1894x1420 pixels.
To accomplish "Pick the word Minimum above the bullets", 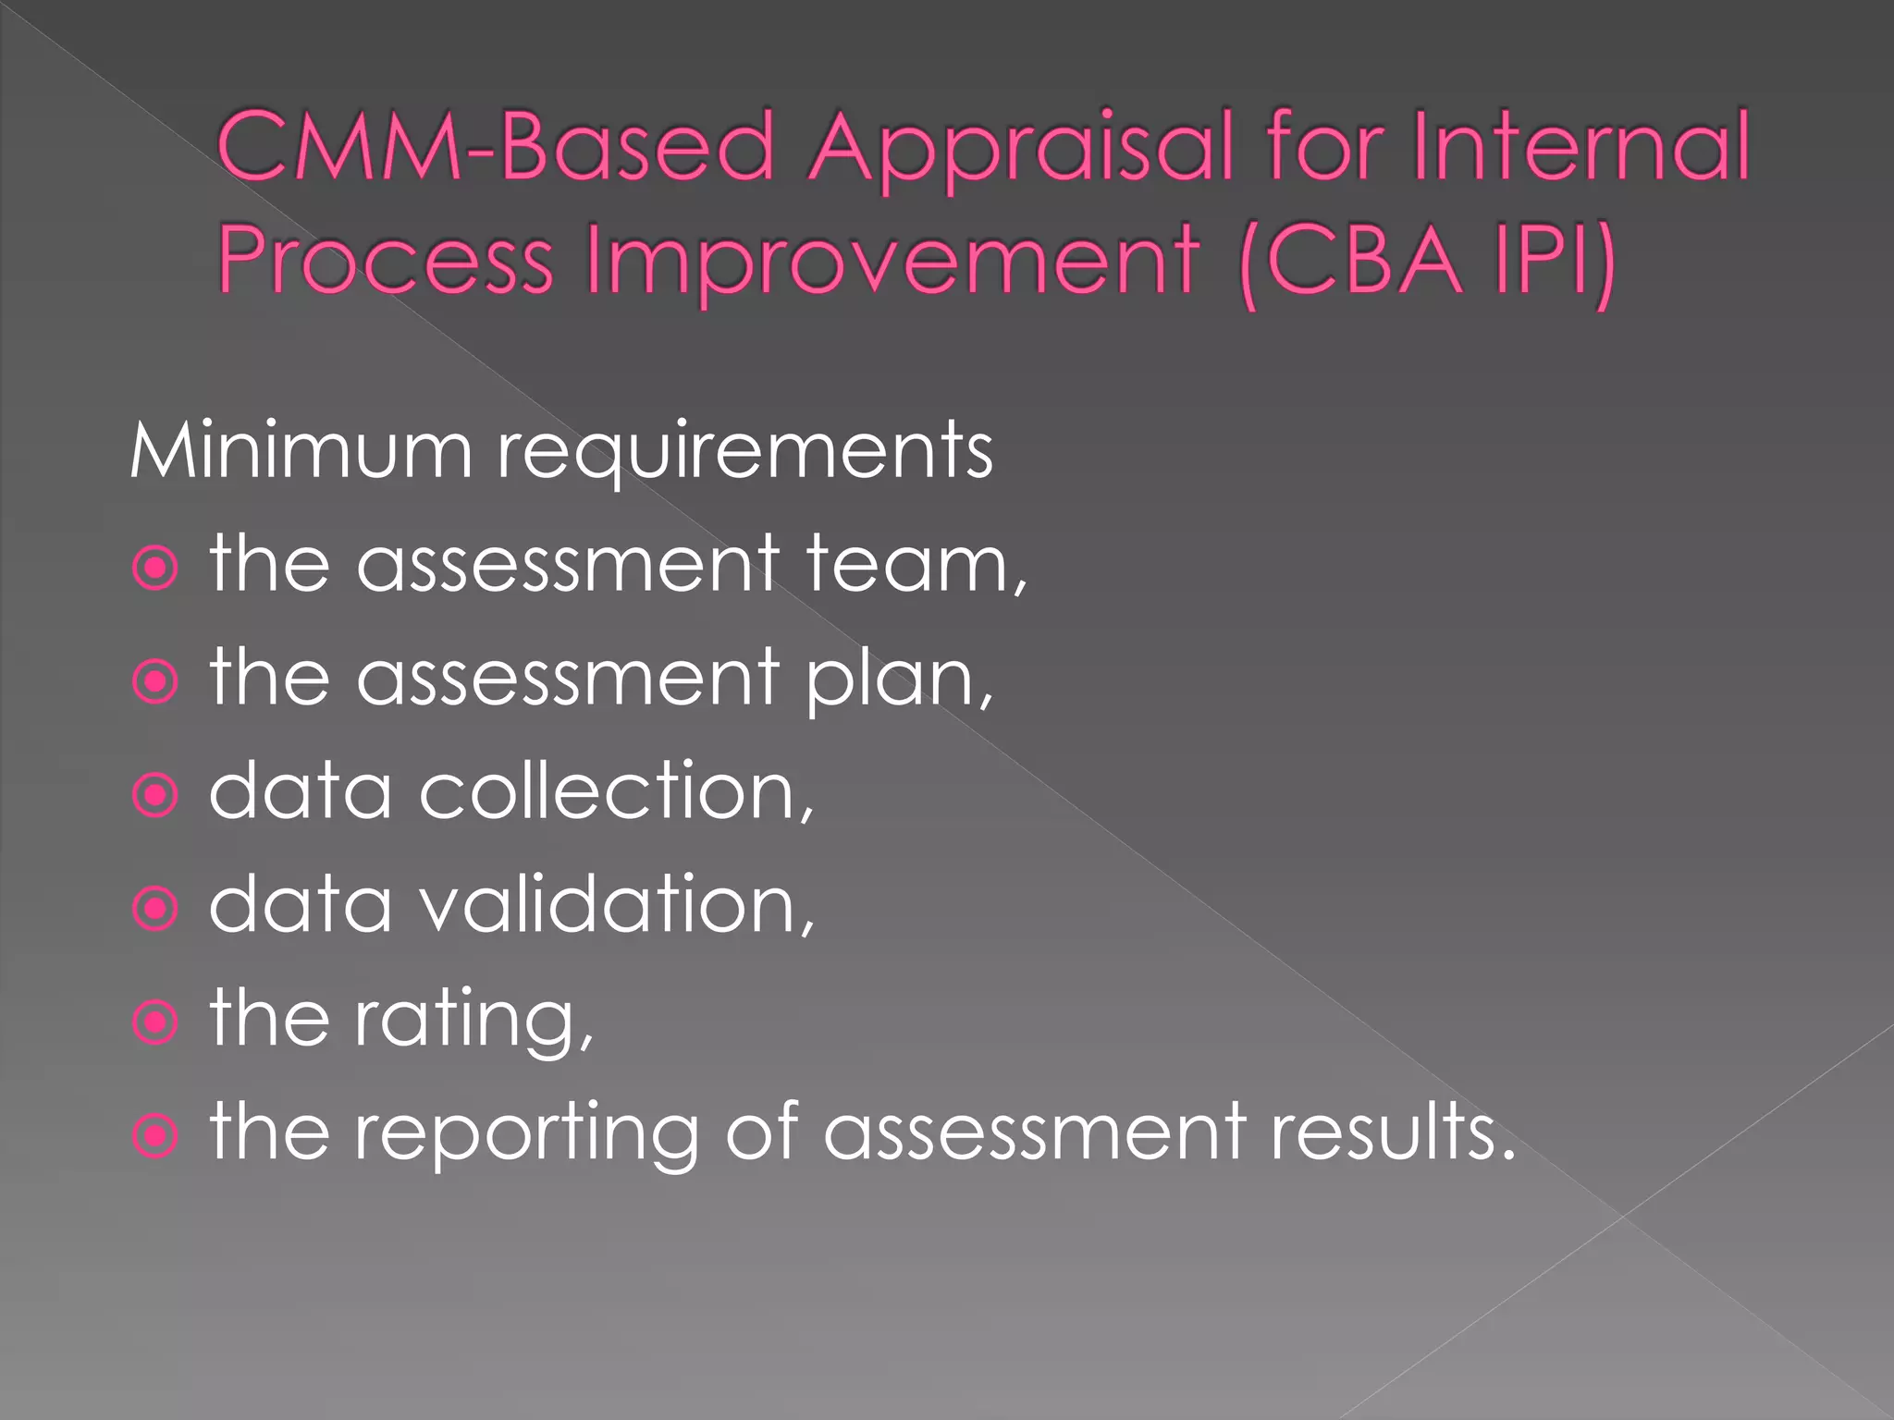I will tap(301, 451).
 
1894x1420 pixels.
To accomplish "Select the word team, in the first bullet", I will tap(916, 566).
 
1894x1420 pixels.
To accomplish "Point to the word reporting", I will tap(527, 1135).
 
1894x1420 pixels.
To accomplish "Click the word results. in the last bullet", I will tap(1393, 1132).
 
